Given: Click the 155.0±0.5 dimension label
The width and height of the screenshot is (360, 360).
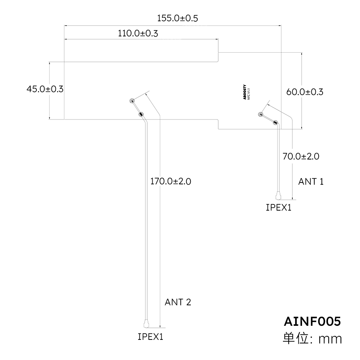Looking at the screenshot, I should tap(177, 18).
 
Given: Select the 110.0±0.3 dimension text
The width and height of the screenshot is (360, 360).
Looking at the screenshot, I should tap(138, 33).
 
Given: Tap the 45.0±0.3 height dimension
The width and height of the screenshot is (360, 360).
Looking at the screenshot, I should tap(45, 89).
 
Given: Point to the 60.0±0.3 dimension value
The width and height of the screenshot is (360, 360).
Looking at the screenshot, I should tap(305, 92).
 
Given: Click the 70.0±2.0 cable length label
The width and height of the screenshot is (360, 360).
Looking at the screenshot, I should tap(301, 156).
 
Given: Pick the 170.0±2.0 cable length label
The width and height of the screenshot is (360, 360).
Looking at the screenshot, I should tap(170, 181).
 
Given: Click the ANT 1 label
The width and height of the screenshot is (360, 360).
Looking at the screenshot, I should tap(311, 181).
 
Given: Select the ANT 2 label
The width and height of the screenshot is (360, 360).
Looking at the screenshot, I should tap(178, 302).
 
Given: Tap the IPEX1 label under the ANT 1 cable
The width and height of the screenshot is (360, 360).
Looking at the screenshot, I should tap(278, 207).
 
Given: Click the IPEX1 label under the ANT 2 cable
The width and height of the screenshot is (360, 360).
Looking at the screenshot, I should tap(150, 337).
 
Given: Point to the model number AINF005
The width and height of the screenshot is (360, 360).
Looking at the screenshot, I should tap(312, 321).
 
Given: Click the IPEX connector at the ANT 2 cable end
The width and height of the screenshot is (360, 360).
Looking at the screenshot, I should tap(146, 324).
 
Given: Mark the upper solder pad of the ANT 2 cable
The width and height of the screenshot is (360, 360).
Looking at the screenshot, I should tap(132, 101).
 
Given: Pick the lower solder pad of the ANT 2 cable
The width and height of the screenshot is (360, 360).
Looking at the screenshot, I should tap(141, 114).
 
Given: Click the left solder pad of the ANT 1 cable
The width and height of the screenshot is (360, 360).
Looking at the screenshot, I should tap(260, 114).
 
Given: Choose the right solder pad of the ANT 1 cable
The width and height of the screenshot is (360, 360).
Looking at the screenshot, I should tap(276, 123).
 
